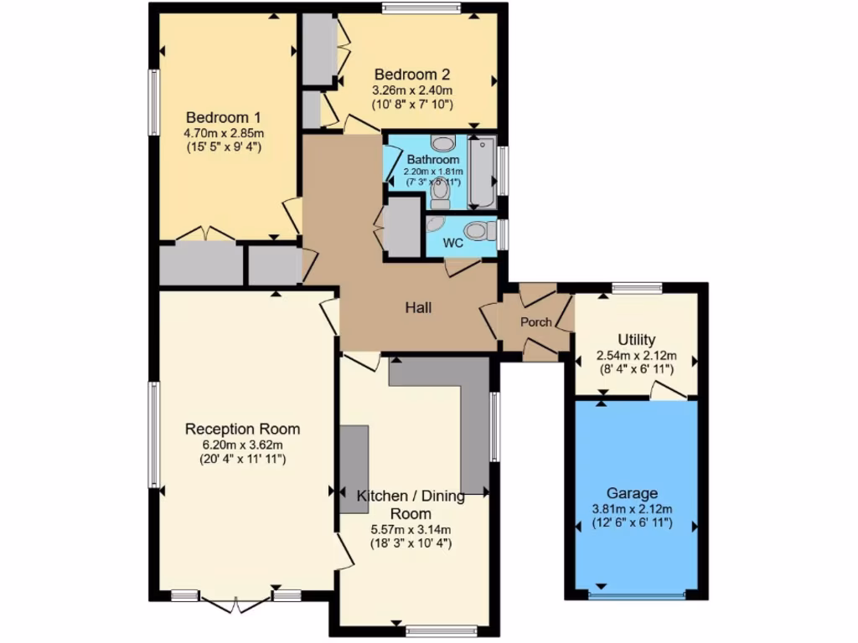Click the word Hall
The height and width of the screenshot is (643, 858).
coord(418,308)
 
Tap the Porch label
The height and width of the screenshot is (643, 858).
coord(535,322)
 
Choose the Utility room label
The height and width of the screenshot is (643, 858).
coord(636,339)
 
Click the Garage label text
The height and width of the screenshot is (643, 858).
coord(633,493)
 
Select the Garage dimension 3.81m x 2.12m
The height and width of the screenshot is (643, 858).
coord(633,509)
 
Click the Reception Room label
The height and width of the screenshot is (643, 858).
coord(242,429)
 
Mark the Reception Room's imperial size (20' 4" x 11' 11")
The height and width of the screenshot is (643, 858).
coord(242,459)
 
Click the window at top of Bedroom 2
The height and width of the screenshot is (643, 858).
coord(421,8)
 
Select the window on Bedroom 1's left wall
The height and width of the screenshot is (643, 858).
coord(154,101)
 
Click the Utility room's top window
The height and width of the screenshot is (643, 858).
coord(637,289)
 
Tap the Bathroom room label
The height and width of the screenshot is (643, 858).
coord(432,159)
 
